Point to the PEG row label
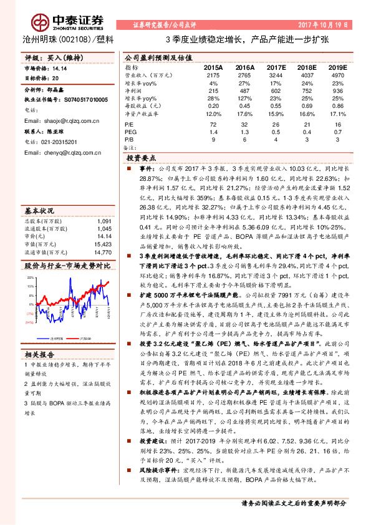130,133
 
